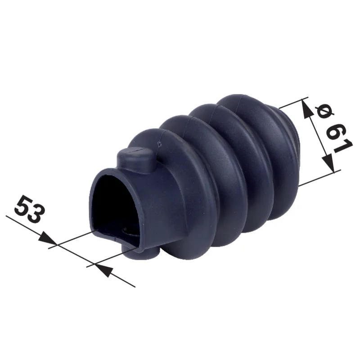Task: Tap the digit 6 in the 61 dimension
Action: pos(336,132)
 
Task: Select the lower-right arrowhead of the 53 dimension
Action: pos(104,270)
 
